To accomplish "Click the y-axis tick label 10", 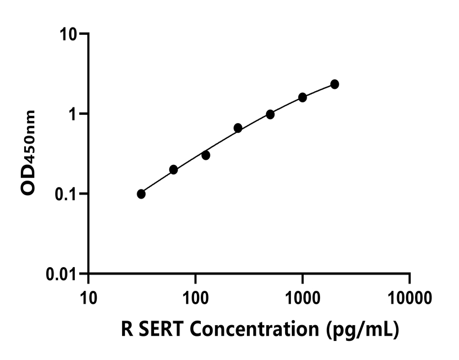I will [x=70, y=34].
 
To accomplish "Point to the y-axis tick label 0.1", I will [x=67, y=194].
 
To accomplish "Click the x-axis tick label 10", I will [x=88, y=295].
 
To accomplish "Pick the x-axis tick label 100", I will [x=195, y=295].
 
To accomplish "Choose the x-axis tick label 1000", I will [x=302, y=295].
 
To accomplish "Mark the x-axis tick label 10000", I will [x=409, y=295].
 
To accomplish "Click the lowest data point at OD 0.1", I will [x=141, y=194].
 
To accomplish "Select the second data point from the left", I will [x=173, y=169].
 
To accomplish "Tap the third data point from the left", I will [x=206, y=155].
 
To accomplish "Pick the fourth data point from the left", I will [x=238, y=128].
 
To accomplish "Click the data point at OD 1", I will [x=270, y=114].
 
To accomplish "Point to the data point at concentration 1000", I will [x=303, y=97].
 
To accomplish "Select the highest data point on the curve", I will [x=335, y=84].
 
